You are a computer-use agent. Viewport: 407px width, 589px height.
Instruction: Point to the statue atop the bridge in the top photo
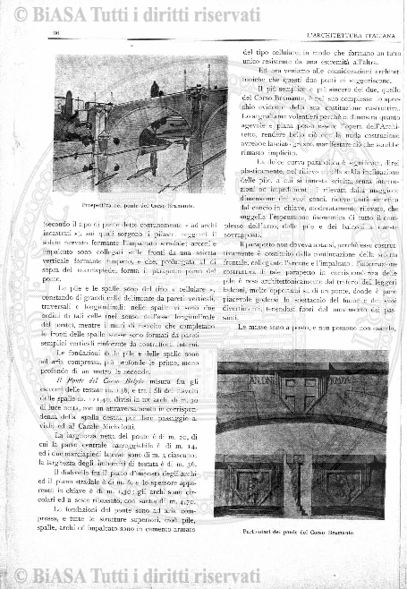tap(153, 87)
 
